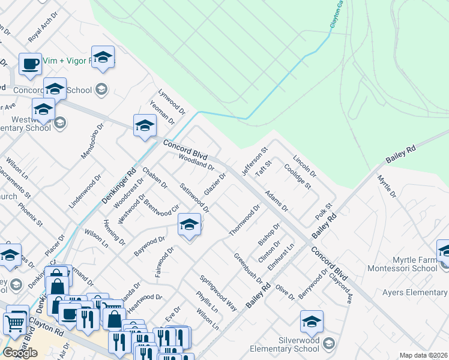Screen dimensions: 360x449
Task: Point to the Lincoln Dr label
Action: click(304, 167)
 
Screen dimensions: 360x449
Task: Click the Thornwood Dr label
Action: click(244, 220)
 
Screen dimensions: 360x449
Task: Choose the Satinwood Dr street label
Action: click(195, 199)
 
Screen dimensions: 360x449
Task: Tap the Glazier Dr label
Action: click(214, 184)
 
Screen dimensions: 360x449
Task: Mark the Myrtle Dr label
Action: click(387, 186)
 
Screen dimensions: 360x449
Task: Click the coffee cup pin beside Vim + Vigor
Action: click(30, 63)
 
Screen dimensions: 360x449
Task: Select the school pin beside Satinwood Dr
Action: click(189, 225)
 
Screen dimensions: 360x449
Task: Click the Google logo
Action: click(20, 353)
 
